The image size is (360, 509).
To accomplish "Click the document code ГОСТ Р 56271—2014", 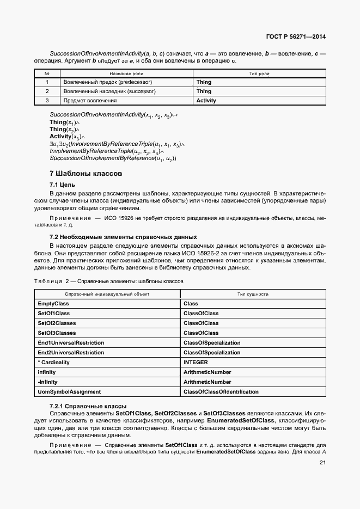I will (x=296, y=37).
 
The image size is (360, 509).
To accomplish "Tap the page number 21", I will (x=322, y=463).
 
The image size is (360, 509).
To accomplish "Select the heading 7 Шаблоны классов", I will (x=86, y=174).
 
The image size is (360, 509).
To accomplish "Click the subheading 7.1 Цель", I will (x=63, y=185).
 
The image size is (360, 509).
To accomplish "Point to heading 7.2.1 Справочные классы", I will (x=88, y=407).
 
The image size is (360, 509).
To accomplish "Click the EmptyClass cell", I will (x=53, y=303).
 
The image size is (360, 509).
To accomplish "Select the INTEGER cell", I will (x=196, y=362).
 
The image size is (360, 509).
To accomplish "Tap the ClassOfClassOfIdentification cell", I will (x=221, y=391).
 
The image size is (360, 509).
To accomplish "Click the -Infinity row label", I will (x=47, y=382).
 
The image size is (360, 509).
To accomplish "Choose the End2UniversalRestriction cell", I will (x=71, y=352).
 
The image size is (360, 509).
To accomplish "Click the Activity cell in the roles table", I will (x=206, y=101).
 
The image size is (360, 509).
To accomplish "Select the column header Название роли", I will (x=126, y=73).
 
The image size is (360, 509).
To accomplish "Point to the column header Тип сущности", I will (x=253, y=293).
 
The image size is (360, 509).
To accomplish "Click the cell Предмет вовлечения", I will (x=90, y=101).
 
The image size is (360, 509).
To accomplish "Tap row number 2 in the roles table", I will (x=47, y=91).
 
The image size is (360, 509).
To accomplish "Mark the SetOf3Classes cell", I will (x=57, y=333).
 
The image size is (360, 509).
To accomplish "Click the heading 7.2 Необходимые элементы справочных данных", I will (x=123, y=237).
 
